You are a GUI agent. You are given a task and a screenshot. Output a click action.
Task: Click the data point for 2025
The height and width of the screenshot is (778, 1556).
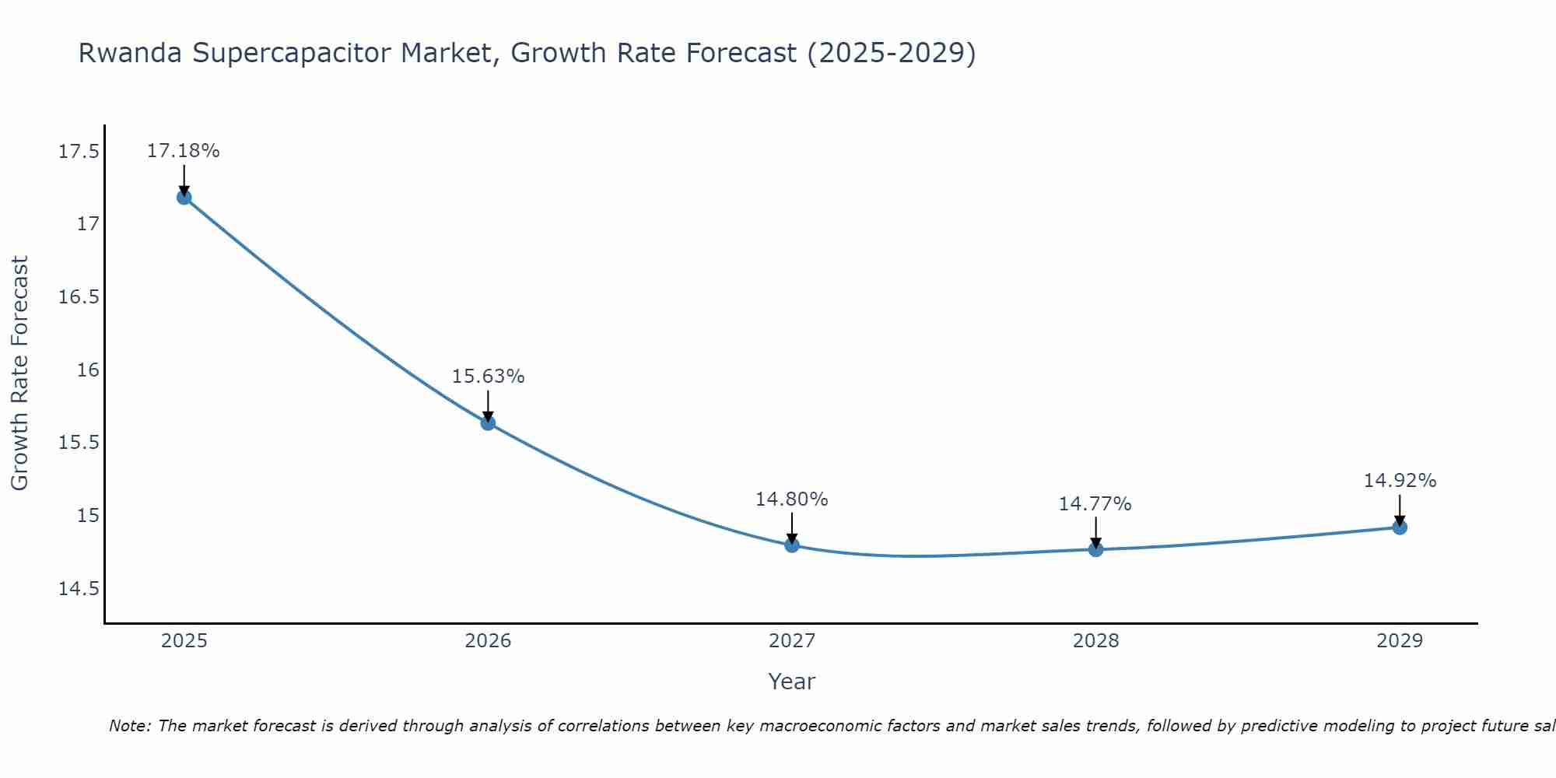click(184, 198)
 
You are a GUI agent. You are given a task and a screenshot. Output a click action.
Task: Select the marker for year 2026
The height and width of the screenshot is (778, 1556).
click(488, 423)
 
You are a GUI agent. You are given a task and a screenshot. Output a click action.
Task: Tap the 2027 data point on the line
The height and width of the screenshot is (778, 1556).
click(792, 545)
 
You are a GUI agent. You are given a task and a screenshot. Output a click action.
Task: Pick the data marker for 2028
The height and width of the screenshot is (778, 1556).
click(1095, 549)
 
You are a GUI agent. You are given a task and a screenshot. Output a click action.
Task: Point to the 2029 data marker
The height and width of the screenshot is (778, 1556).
click(1400, 527)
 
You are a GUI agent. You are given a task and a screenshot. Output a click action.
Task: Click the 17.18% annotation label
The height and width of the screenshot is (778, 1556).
click(184, 151)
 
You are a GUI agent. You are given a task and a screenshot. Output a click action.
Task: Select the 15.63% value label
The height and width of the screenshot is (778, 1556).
click(488, 377)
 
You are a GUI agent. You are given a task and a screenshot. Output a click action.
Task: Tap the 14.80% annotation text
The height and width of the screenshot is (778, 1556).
click(791, 499)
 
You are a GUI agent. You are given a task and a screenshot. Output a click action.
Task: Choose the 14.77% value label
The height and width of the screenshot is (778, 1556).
click(1095, 504)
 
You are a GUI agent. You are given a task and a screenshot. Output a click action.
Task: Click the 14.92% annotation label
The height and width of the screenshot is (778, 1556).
click(1400, 481)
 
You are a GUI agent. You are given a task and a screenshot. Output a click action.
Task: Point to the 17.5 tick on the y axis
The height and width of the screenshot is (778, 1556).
click(79, 152)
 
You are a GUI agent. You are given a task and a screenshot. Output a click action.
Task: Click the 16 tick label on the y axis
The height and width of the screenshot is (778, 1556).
click(89, 370)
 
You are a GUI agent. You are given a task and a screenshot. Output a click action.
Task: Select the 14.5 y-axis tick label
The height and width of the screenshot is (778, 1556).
click(79, 589)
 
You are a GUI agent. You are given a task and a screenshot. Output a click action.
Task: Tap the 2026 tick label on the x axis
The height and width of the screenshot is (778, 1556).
click(488, 641)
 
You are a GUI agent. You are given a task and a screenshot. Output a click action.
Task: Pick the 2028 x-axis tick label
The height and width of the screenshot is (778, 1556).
click(1095, 641)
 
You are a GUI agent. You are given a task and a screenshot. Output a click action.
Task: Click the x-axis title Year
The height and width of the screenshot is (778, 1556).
click(791, 682)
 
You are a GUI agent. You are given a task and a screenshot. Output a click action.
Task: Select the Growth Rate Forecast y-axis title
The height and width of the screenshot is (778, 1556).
click(19, 373)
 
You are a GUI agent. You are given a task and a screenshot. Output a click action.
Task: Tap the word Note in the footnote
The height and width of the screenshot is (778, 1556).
click(130, 726)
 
